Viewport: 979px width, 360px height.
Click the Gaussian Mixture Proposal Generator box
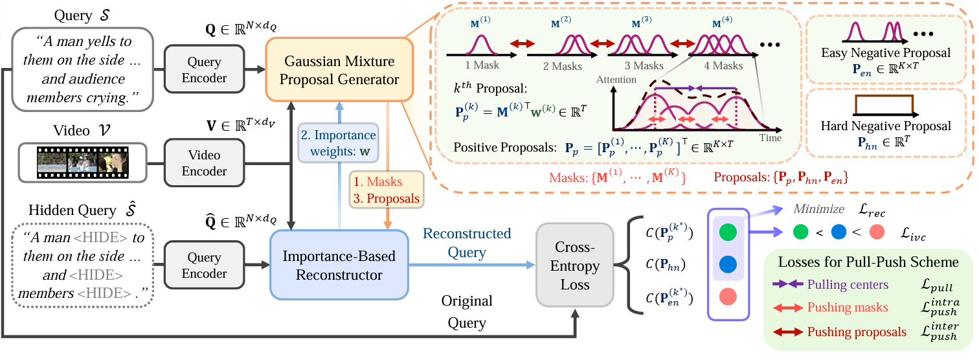339,70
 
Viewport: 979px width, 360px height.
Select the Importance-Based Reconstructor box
339,265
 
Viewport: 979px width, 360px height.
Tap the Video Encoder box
204,163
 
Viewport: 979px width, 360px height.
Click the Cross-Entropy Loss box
575,265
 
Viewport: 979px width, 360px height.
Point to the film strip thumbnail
83,163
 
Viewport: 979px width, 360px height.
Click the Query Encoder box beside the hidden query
204,265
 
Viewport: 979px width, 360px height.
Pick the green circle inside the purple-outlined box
728,232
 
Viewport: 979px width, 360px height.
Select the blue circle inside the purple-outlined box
728,264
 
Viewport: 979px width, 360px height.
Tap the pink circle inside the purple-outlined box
728,297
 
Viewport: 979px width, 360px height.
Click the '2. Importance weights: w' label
338,143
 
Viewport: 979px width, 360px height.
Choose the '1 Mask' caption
482,65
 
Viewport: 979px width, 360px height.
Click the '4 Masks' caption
723,65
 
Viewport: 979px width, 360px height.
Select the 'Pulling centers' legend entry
848,284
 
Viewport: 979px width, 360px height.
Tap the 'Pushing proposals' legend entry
857,332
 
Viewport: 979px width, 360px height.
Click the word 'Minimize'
818,209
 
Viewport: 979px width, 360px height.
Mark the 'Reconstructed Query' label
467,243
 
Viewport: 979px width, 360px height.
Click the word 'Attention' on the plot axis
616,80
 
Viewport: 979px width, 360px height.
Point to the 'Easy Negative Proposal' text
886,53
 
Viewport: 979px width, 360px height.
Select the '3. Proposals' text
387,198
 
